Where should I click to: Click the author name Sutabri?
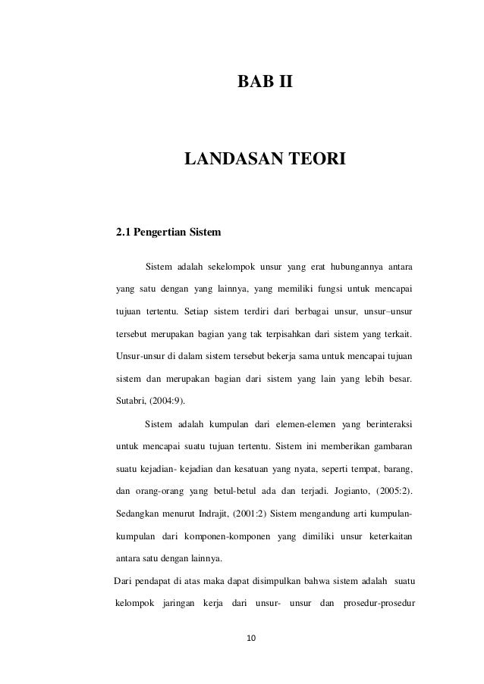pyautogui.click(x=130, y=398)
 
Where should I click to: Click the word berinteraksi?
pyautogui.click(x=386, y=423)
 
